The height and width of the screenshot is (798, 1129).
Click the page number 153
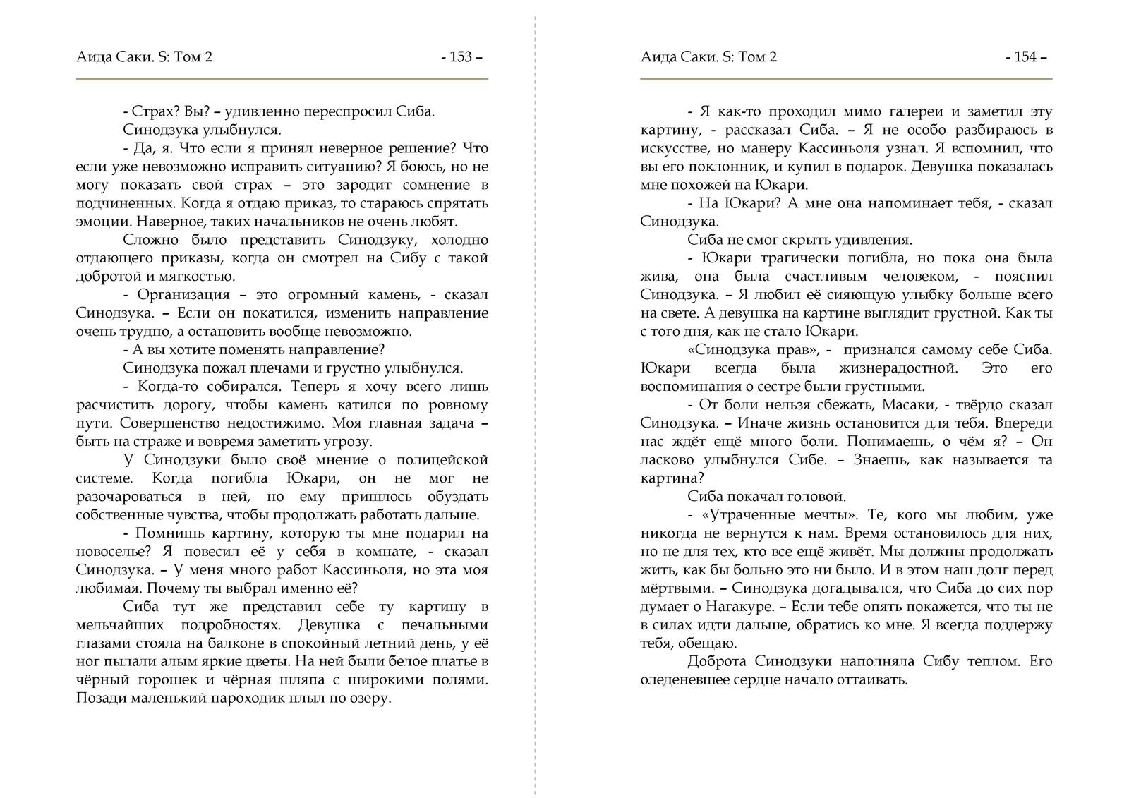461,57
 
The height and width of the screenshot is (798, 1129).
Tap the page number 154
1025,57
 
